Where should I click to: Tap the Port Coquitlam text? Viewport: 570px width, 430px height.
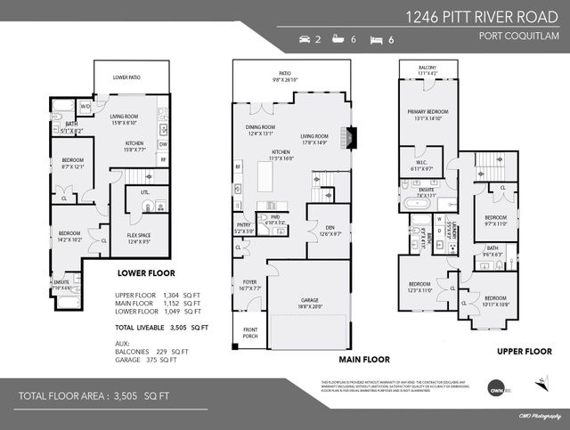click(x=518, y=37)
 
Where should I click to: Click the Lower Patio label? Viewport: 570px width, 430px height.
click(x=127, y=78)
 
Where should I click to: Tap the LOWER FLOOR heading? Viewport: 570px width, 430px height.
click(x=146, y=273)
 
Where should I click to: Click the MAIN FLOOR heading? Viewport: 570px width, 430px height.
click(x=364, y=360)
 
